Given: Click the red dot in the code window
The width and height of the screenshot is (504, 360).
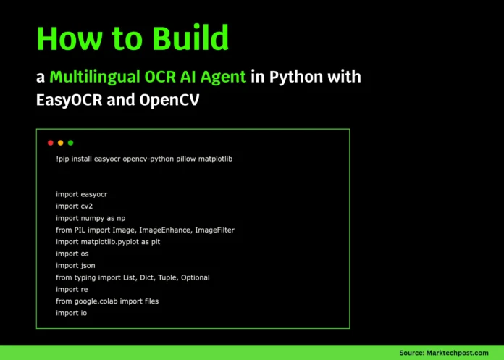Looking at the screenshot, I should [x=51, y=143].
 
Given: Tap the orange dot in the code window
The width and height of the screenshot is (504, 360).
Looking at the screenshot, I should [x=61, y=143].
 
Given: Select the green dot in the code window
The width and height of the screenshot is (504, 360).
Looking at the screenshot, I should [x=70, y=143].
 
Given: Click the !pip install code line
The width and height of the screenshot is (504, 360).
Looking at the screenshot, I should [x=144, y=158].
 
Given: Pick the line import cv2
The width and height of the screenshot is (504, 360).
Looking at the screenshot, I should [x=75, y=206].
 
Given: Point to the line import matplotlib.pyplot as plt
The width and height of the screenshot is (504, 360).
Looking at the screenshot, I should [x=118, y=241].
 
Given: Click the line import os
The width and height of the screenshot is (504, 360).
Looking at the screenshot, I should [x=72, y=254].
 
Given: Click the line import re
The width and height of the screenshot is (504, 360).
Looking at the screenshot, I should [x=71, y=289].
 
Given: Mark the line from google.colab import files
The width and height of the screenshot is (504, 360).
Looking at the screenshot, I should [x=106, y=301].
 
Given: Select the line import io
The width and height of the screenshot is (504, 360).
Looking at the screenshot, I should [x=71, y=313].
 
